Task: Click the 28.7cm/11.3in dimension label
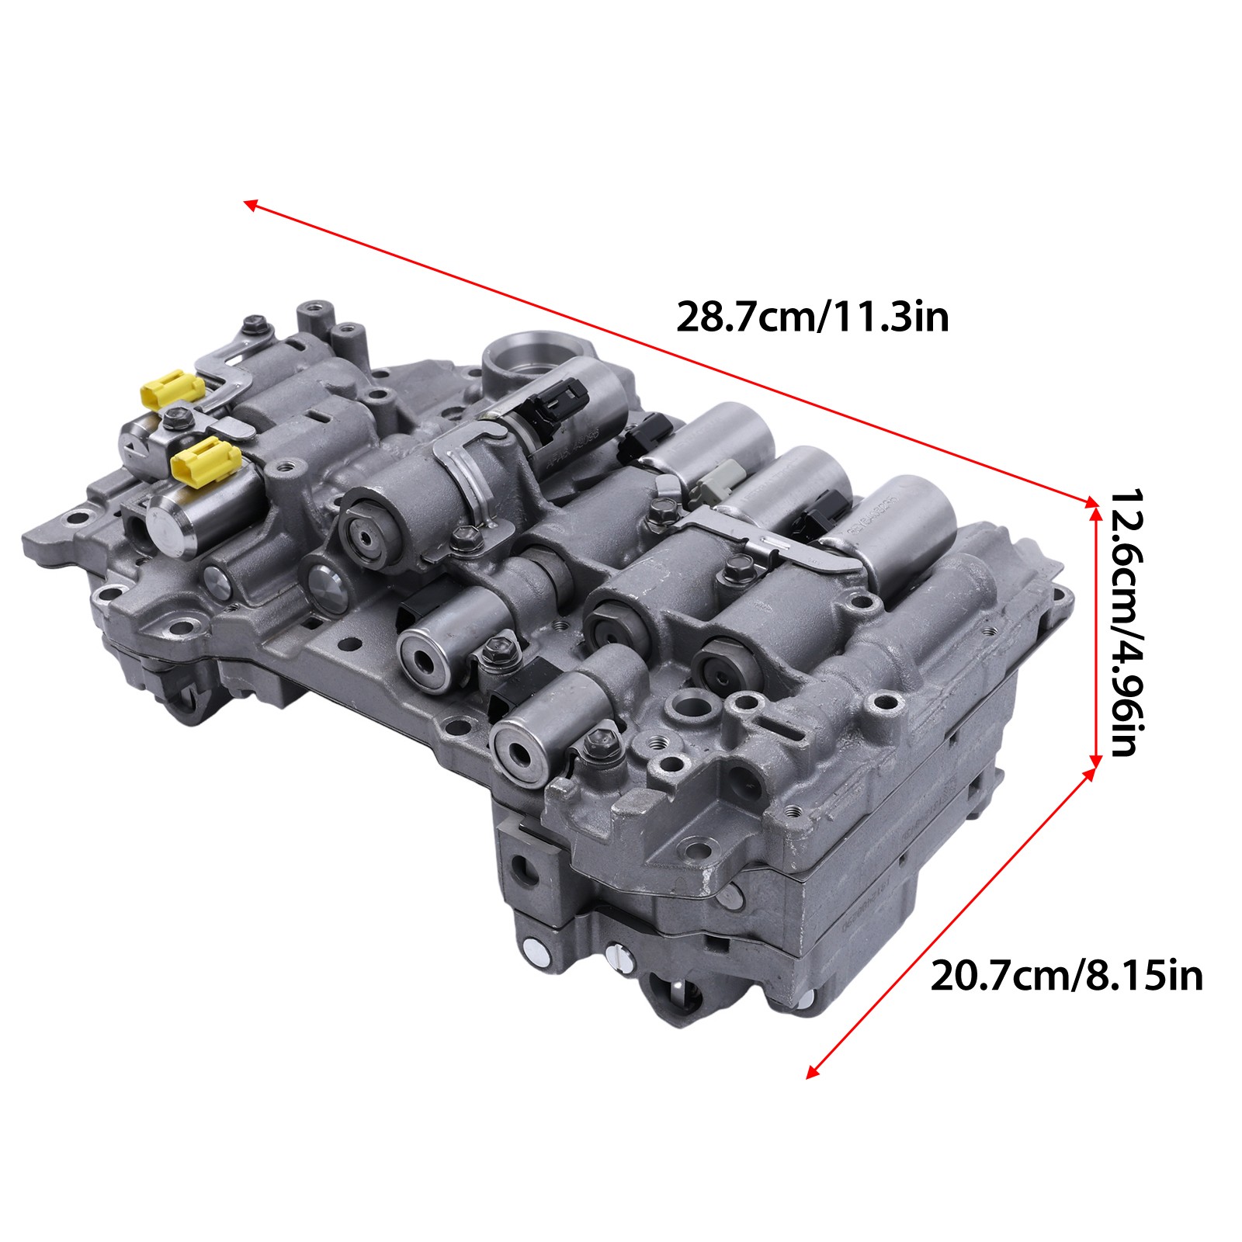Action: coord(813,317)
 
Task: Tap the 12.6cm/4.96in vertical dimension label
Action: coord(1122,622)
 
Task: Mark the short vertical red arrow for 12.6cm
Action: coord(1095,630)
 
